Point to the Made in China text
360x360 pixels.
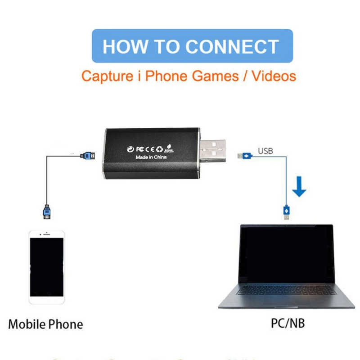click(151, 157)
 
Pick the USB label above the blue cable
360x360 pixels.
click(265, 151)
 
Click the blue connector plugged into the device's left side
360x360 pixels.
click(87, 156)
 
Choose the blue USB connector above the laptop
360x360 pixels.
click(286, 212)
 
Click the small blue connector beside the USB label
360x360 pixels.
click(245, 156)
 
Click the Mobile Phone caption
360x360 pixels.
click(45, 324)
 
